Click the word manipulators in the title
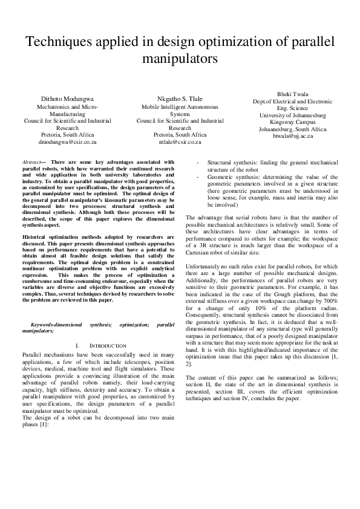179,60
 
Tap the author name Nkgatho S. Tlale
180,99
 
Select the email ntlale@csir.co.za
180,142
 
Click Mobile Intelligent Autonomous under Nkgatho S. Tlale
180,106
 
